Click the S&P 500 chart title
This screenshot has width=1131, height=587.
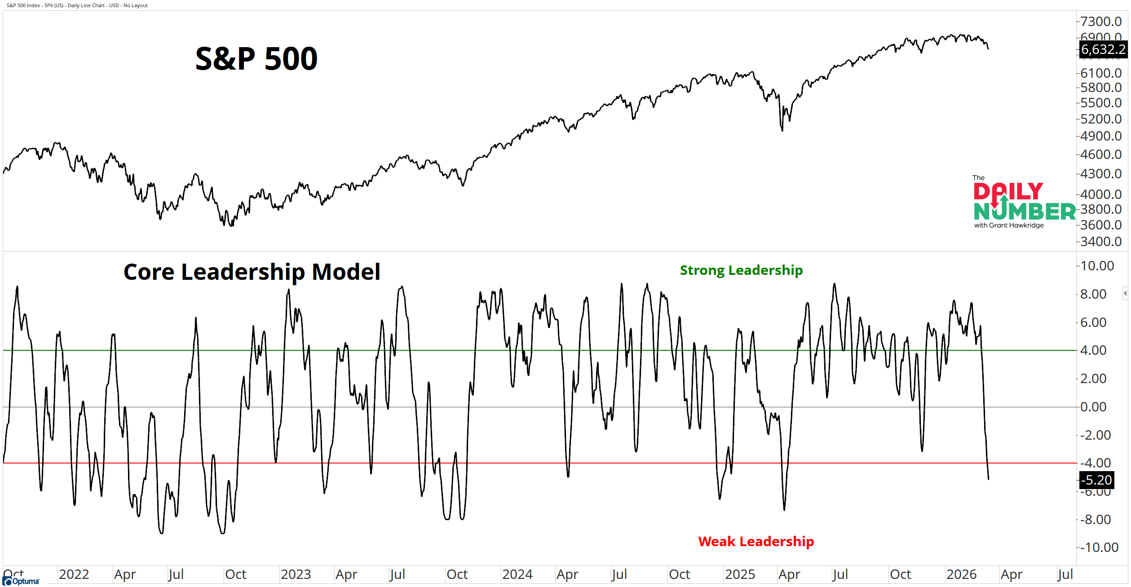256,59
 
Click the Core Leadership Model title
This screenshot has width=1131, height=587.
252,272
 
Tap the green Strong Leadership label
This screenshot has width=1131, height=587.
741,270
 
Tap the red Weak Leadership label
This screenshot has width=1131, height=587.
756,541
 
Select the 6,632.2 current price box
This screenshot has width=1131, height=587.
1103,49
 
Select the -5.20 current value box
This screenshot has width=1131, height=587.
1096,480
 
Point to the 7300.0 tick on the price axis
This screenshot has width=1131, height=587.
1101,21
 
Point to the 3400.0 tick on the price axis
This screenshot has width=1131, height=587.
1101,242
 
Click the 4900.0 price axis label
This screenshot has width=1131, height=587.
1101,136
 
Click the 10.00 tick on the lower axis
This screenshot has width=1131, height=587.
1097,266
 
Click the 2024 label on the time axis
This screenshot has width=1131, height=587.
517,574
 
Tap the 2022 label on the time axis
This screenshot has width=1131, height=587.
74,574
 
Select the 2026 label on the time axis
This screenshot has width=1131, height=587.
961,574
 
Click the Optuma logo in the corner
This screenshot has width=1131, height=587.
21,581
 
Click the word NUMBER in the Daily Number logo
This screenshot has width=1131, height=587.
1025,212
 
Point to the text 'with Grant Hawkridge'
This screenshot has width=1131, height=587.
1009,225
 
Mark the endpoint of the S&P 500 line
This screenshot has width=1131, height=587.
988,49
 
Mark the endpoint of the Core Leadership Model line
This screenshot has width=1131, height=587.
988,479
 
